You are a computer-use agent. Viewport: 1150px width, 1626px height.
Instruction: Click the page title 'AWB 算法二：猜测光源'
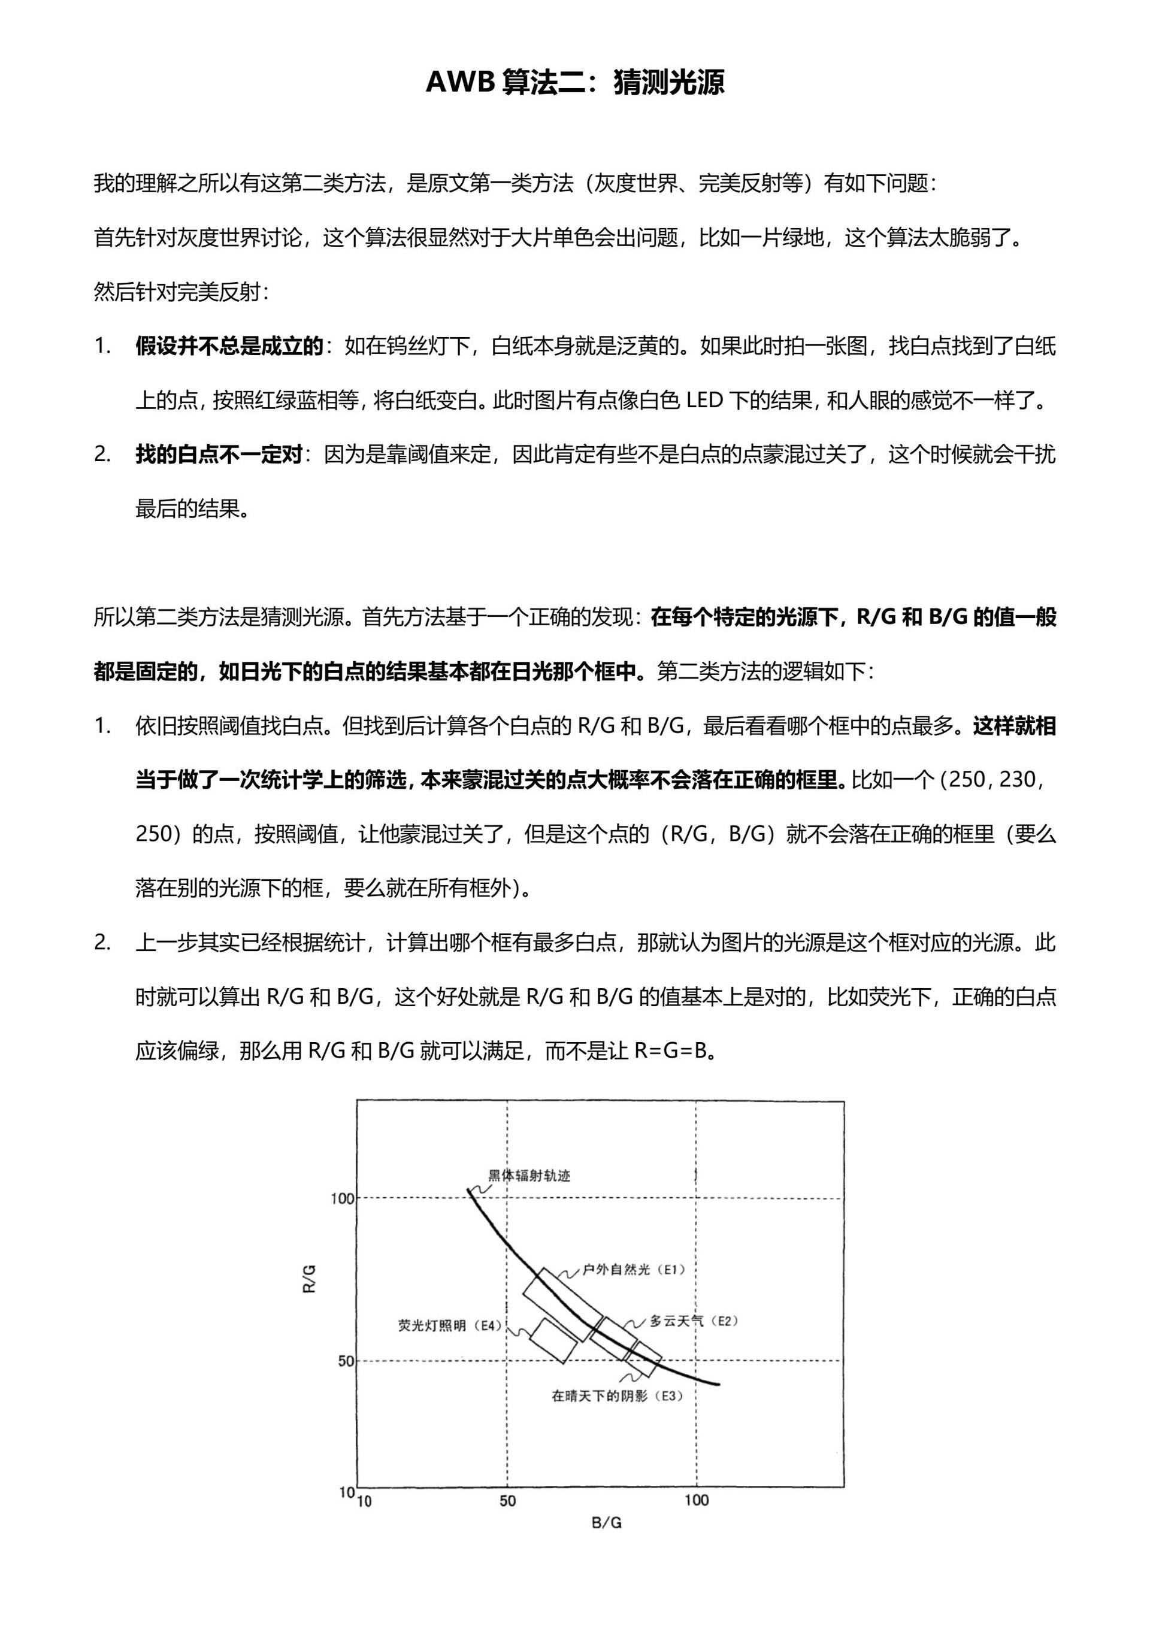(x=574, y=83)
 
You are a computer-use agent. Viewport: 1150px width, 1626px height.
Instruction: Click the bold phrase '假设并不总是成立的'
(x=229, y=346)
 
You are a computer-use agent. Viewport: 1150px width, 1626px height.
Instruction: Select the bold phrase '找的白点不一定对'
(x=219, y=455)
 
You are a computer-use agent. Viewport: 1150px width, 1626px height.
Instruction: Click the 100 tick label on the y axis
(x=342, y=1198)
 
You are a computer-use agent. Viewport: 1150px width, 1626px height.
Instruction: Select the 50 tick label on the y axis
(x=346, y=1361)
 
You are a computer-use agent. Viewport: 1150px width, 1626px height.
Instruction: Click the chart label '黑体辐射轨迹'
(x=529, y=1176)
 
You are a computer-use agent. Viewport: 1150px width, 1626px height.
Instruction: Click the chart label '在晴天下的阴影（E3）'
(x=617, y=1396)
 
